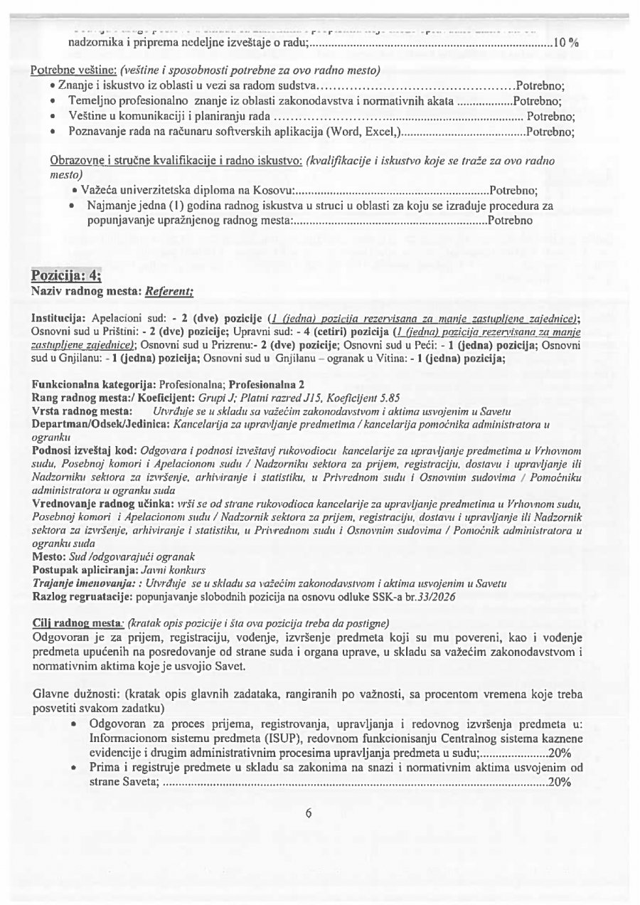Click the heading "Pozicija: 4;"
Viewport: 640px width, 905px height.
(x=67, y=277)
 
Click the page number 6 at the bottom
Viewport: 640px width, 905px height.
(x=308, y=813)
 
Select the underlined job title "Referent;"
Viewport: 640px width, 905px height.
(x=169, y=291)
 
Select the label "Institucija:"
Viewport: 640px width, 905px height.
(x=59, y=318)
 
